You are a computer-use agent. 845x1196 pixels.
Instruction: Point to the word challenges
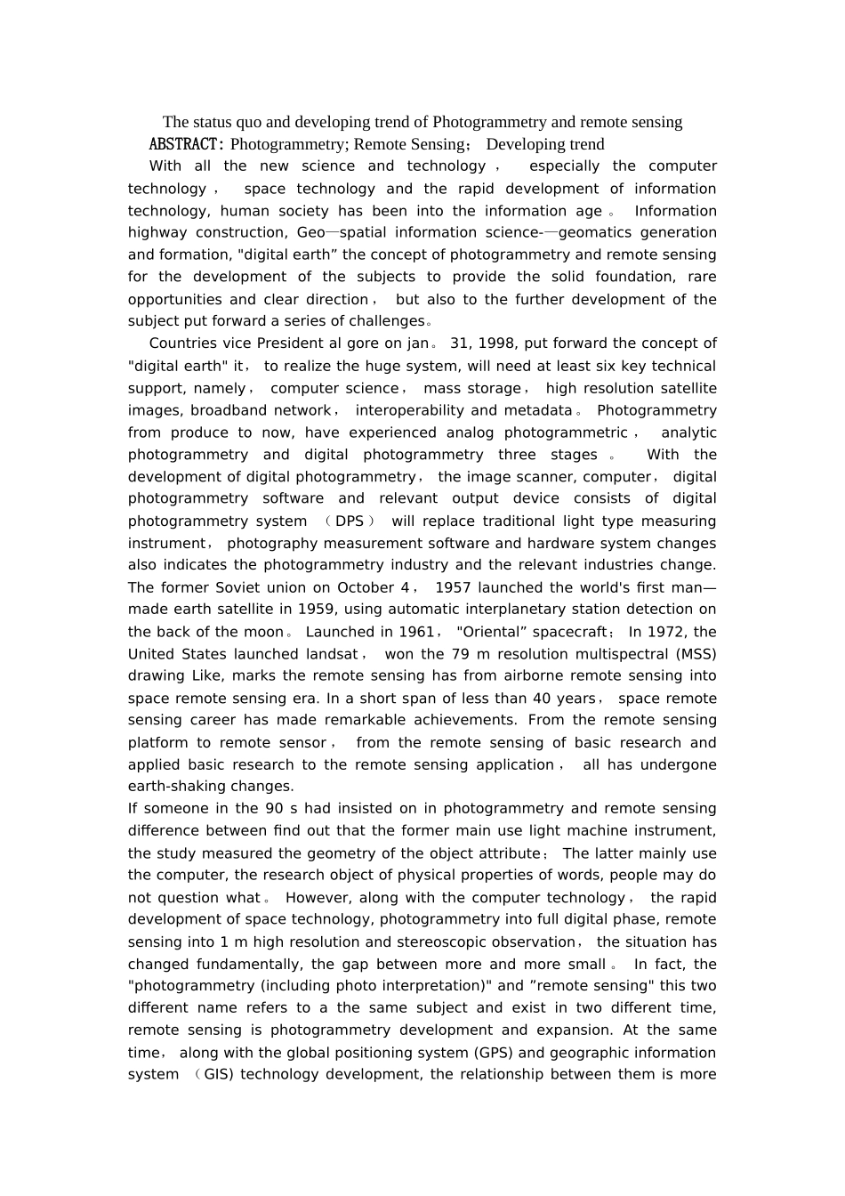point(390,321)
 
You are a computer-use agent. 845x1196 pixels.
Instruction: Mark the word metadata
point(536,410)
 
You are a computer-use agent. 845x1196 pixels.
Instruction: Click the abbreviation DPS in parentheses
point(350,521)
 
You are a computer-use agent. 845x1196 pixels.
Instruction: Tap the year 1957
point(453,587)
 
